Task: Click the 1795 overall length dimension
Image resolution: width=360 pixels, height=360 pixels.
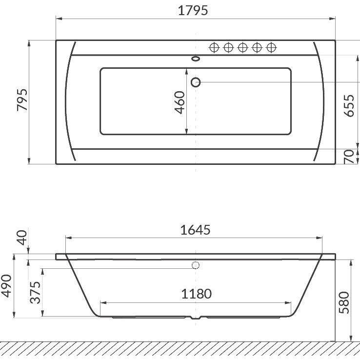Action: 193,11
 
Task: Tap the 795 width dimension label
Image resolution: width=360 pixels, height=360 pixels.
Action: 22,100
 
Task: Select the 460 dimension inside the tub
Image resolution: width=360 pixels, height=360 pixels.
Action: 180,102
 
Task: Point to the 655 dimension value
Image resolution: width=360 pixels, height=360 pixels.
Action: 349,106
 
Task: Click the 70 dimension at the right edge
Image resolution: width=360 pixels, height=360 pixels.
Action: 349,157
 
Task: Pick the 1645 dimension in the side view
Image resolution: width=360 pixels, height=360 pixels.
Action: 195,230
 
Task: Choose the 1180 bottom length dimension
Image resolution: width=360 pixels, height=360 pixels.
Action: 196,294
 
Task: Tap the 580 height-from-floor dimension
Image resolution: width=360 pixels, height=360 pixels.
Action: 344,302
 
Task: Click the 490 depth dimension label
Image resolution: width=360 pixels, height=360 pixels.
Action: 6,286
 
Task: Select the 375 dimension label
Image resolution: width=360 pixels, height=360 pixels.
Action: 35,293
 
